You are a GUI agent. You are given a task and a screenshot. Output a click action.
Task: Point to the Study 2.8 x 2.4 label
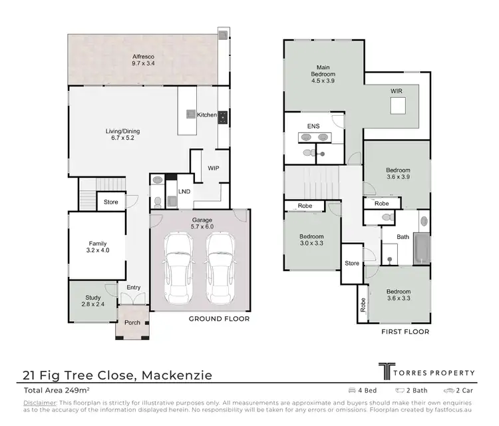click(93, 301)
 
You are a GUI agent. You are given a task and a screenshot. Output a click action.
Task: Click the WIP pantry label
click(213, 168)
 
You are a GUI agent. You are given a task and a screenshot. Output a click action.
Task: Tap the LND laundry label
click(184, 192)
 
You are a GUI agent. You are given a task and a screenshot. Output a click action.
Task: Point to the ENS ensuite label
click(313, 125)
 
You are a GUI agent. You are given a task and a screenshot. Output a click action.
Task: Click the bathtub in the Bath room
click(422, 248)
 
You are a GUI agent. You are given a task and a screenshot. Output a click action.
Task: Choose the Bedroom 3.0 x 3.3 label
click(311, 240)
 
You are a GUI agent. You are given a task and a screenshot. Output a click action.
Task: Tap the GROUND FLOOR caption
click(219, 319)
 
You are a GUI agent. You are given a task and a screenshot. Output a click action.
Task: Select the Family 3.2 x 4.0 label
click(98, 248)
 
